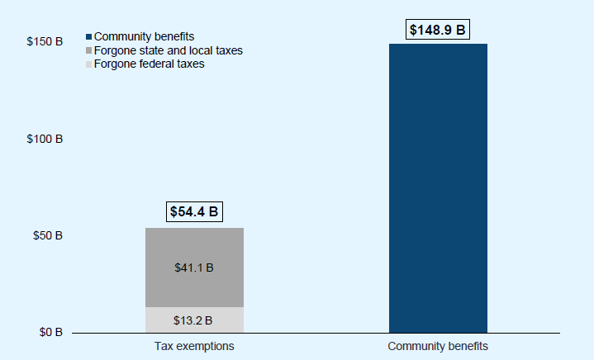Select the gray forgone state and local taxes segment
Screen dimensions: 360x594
pos(194,256)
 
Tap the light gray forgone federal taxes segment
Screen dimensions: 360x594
pos(194,320)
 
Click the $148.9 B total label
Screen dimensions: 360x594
pos(438,31)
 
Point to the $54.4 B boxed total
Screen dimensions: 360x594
pos(194,212)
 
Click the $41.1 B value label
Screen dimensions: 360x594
pos(194,268)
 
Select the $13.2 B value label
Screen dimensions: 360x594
pos(194,320)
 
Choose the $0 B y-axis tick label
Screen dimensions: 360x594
pos(50,332)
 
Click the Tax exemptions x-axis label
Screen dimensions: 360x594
pos(194,346)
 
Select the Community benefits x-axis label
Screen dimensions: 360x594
pos(438,346)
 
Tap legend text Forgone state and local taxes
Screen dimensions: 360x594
pos(168,50)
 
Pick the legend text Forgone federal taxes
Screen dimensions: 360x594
pos(149,64)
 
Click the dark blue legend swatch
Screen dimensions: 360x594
pos(89,37)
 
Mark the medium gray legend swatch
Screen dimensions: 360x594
pos(89,50)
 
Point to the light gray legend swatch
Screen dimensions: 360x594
pos(89,64)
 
